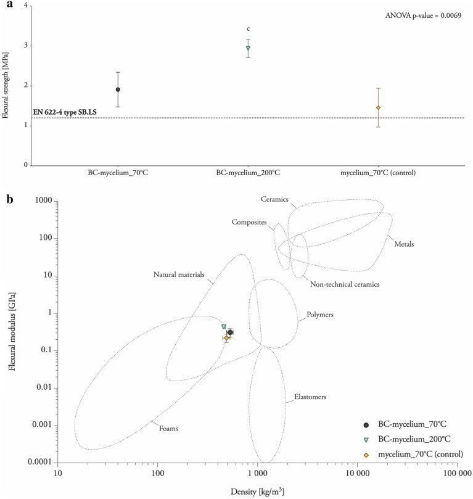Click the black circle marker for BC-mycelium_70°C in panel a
(x=118, y=89)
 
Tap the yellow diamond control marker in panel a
(x=378, y=108)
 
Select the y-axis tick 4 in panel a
(x=26, y=6)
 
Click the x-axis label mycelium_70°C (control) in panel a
(x=378, y=173)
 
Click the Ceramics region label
(x=275, y=200)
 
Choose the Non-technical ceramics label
(x=335, y=284)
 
